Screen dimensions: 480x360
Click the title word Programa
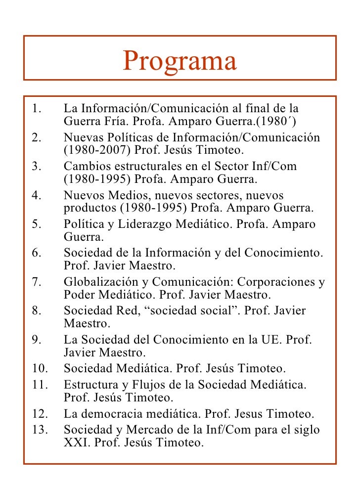(x=180, y=61)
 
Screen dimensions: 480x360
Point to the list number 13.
(x=39, y=430)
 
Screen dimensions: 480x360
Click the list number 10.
(x=39, y=369)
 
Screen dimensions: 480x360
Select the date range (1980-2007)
(x=94, y=150)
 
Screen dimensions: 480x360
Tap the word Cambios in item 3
(x=86, y=167)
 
